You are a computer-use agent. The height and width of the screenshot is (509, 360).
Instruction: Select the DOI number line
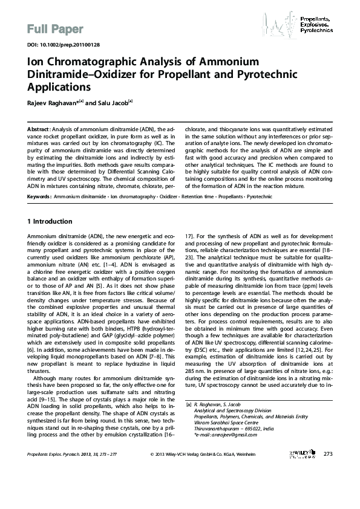[x=58, y=45]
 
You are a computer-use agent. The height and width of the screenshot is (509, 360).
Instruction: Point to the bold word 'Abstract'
[x=39, y=130]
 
